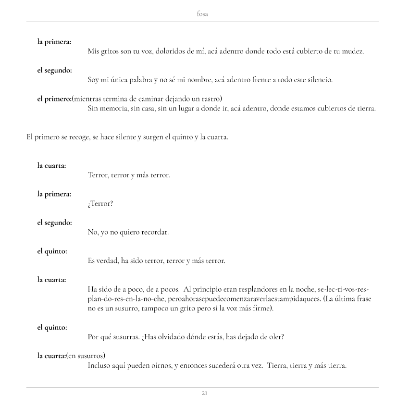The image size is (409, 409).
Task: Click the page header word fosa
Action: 202,14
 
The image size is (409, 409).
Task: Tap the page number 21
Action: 204,393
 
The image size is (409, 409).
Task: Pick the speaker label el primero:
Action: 54,99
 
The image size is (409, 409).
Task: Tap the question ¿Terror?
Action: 100,204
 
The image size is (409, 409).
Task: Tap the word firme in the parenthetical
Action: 261,308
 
